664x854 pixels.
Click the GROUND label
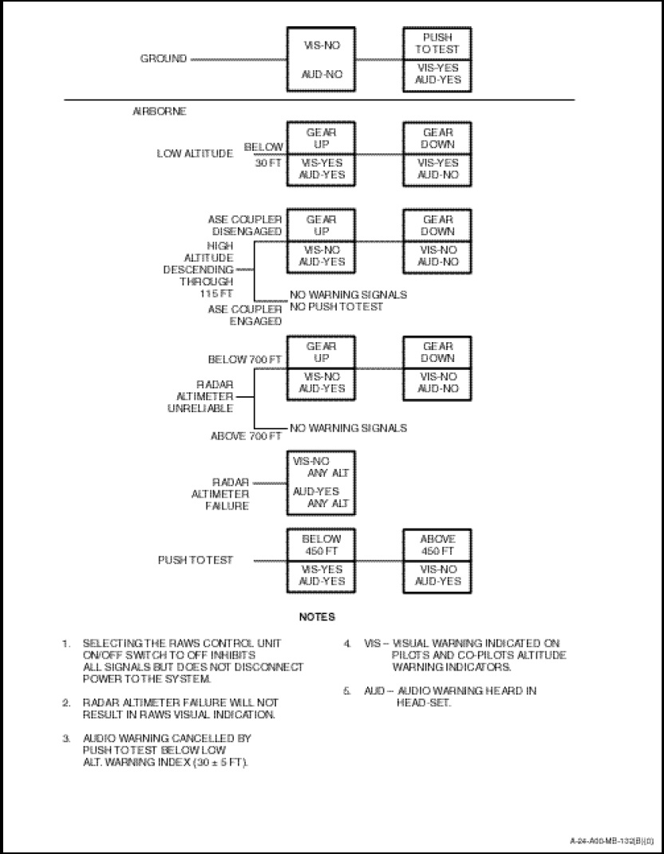pyautogui.click(x=164, y=59)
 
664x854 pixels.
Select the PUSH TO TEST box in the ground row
pyautogui.click(x=437, y=43)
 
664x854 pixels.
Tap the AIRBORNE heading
pyautogui.click(x=159, y=112)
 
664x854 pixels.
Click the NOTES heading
pyautogui.click(x=317, y=616)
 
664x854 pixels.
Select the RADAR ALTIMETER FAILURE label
pyautogui.click(x=231, y=494)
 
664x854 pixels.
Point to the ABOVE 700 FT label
pyautogui.click(x=246, y=436)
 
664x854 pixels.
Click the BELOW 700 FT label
pyautogui.click(x=245, y=360)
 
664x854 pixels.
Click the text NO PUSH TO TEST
pyautogui.click(x=336, y=306)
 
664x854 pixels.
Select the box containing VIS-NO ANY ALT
pyautogui.click(x=322, y=482)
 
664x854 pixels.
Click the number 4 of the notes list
pyautogui.click(x=348, y=643)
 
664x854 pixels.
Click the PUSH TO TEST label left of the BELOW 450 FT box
pyautogui.click(x=196, y=560)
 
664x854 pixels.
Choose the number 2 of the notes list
pyautogui.click(x=66, y=702)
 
